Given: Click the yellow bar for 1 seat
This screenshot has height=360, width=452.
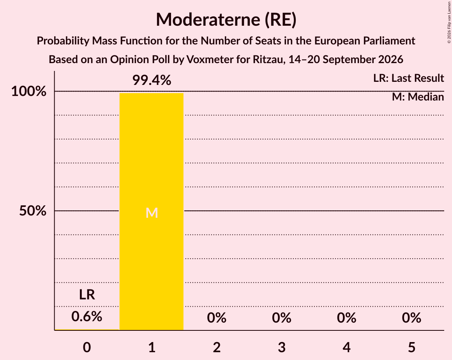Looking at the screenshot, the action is point(152,212).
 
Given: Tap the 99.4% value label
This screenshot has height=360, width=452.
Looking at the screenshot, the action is point(152,80).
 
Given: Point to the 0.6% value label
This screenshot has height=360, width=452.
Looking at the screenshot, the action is point(87,316).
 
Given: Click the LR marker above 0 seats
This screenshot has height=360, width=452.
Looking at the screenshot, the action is point(87,295).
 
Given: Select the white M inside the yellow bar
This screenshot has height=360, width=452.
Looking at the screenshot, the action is point(152,213).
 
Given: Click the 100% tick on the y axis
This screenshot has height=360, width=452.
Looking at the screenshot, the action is point(29,92).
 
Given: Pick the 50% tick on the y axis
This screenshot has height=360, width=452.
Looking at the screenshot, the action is point(33,211).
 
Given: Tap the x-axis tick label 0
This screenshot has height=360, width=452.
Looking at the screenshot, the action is point(87,347).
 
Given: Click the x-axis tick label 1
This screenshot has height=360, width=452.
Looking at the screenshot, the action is point(152,347).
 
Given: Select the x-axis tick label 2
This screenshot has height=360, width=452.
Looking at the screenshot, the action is point(217,347).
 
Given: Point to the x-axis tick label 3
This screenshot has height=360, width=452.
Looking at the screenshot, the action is point(282,347).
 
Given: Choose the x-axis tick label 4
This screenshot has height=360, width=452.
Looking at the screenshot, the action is point(346,347).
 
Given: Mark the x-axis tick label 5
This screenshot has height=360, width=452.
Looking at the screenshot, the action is point(411,347).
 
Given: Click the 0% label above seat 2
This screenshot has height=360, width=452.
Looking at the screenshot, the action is point(217,318).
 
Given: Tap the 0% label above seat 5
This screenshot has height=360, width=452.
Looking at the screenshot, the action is point(411,318).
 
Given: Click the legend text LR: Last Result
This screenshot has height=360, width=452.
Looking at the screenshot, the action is point(409,78).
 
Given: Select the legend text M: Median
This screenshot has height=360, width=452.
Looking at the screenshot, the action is point(418,97).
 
